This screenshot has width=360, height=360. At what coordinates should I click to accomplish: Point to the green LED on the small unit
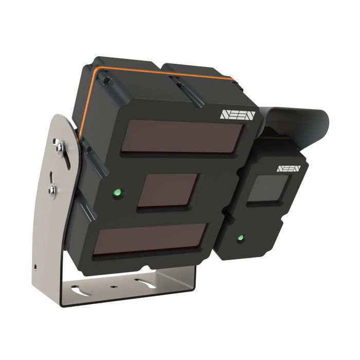pos(240,239)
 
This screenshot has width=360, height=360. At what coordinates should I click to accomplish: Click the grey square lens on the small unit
pos(265,189)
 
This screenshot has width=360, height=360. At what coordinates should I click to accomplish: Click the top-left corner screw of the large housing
pos(103,78)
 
